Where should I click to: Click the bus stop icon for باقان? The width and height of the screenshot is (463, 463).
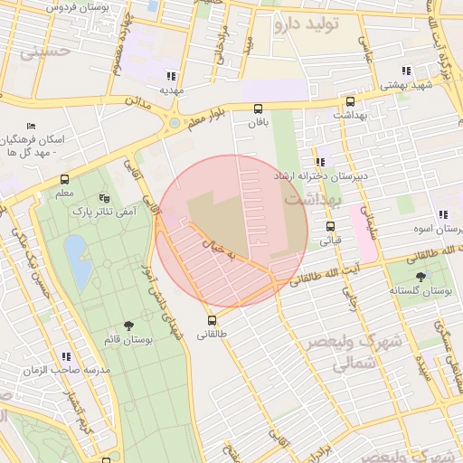point(259,109)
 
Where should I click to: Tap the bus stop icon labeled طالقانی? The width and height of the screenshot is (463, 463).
point(212,320)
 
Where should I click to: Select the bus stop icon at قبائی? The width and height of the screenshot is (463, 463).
point(330,226)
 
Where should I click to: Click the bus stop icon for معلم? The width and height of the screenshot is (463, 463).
point(64,179)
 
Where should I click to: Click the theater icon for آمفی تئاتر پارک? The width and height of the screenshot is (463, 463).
point(102,196)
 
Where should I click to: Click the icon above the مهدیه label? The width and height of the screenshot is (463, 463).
point(171,75)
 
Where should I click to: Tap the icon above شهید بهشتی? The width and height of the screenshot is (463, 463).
point(407,70)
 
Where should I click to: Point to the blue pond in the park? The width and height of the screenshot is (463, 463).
point(77,260)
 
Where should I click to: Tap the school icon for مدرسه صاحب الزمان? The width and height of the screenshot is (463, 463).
point(65,356)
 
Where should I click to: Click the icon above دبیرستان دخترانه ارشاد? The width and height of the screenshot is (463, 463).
point(320,162)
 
